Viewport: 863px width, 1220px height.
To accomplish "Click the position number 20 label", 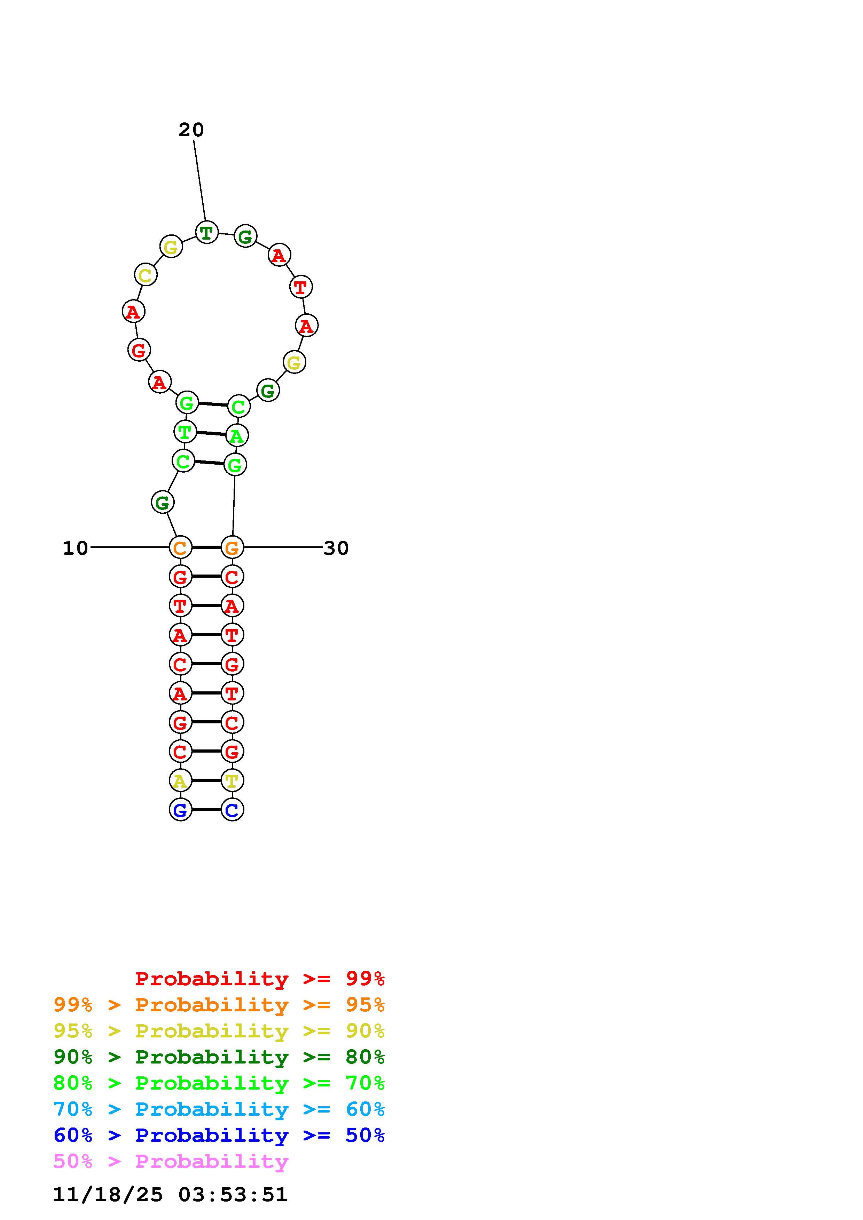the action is [x=191, y=130].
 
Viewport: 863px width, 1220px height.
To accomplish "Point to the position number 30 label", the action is [x=336, y=548].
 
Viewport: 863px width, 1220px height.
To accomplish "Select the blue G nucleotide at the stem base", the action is [x=180, y=810].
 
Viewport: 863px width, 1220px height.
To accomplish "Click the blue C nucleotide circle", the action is [x=232, y=810].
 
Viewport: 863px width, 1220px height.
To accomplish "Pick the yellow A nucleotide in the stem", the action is [x=180, y=780].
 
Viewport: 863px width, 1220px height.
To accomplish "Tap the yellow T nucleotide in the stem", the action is [x=232, y=780].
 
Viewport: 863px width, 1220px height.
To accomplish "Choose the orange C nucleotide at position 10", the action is [x=180, y=547].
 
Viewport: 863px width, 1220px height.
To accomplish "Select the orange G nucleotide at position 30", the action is [x=232, y=547].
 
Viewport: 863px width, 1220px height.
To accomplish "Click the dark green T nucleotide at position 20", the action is [x=206, y=232].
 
